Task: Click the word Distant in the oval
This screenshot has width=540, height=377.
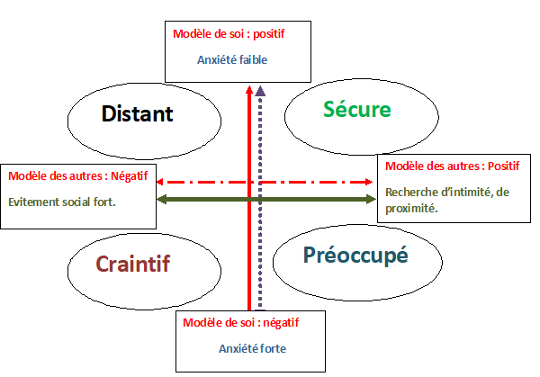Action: [137, 114]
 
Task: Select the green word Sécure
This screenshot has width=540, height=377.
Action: [357, 110]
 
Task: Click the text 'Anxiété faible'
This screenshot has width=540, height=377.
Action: [232, 60]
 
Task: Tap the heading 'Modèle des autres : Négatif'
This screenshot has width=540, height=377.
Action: [77, 173]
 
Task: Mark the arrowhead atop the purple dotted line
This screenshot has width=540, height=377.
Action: [261, 90]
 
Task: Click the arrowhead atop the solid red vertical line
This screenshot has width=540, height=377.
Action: [249, 87]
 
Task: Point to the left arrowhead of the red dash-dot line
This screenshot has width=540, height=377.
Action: [162, 181]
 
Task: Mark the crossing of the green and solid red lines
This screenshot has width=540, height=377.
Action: [249, 198]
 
